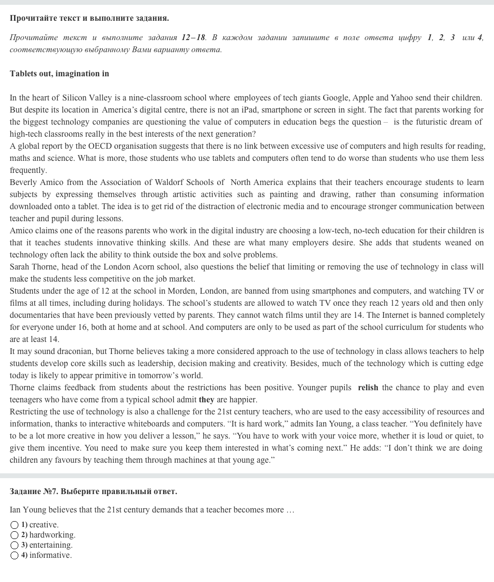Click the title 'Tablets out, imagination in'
pos(59,73)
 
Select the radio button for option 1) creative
pos(14,525)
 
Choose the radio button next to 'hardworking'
pos(14,535)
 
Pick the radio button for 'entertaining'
pos(14,545)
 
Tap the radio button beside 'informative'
pos(14,555)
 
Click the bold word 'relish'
pos(368,387)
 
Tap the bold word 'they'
pos(206,399)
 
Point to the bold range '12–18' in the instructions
pos(193,37)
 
